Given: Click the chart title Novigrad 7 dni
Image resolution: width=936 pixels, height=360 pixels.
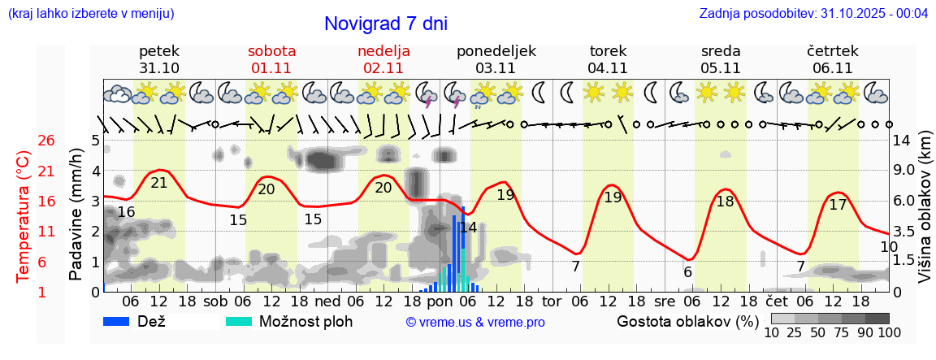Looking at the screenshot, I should (x=385, y=24).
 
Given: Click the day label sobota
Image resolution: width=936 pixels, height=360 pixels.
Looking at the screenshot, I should (x=271, y=51).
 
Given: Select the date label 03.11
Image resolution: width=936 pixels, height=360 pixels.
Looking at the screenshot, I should (x=496, y=68).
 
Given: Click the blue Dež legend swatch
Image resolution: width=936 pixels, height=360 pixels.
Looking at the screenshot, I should (x=122, y=321).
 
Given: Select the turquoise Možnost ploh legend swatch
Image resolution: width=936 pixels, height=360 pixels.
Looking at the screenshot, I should (x=240, y=321).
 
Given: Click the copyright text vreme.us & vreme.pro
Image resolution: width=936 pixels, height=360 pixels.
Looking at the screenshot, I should (x=475, y=323).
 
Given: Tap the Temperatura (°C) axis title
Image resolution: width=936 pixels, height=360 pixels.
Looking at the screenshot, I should (x=23, y=215).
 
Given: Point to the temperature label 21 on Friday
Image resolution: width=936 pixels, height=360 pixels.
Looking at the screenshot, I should (x=159, y=183).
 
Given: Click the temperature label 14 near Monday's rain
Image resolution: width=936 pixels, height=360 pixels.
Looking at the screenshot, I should (x=468, y=228).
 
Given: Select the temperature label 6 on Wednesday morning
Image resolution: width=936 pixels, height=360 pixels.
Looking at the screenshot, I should (x=687, y=272).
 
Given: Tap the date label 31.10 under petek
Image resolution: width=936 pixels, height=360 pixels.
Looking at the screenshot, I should (x=159, y=68).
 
